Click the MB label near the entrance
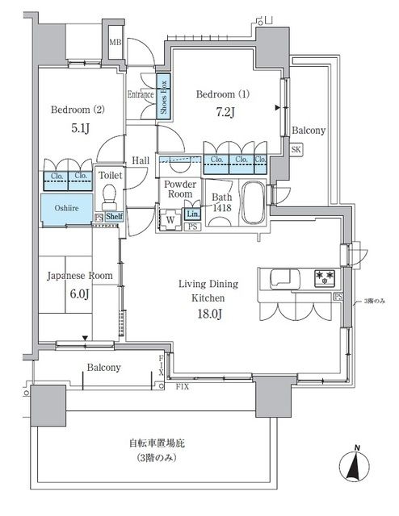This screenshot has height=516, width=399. click(x=115, y=43)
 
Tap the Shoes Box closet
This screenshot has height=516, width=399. click(x=162, y=97)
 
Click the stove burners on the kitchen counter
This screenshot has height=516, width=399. click(x=325, y=279)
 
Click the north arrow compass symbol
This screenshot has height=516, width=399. click(x=356, y=464)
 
